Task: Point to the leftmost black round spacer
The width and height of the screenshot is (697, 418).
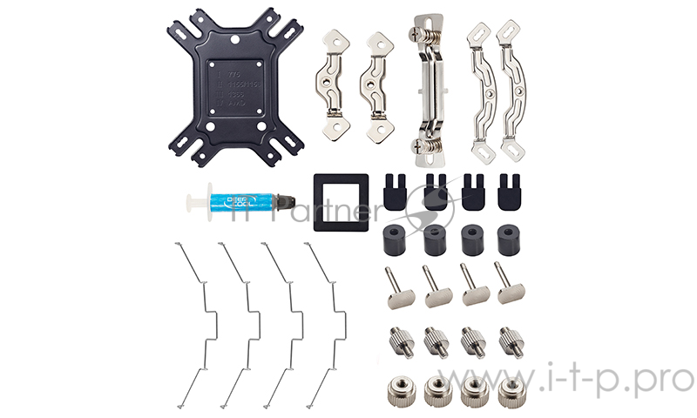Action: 397,239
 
